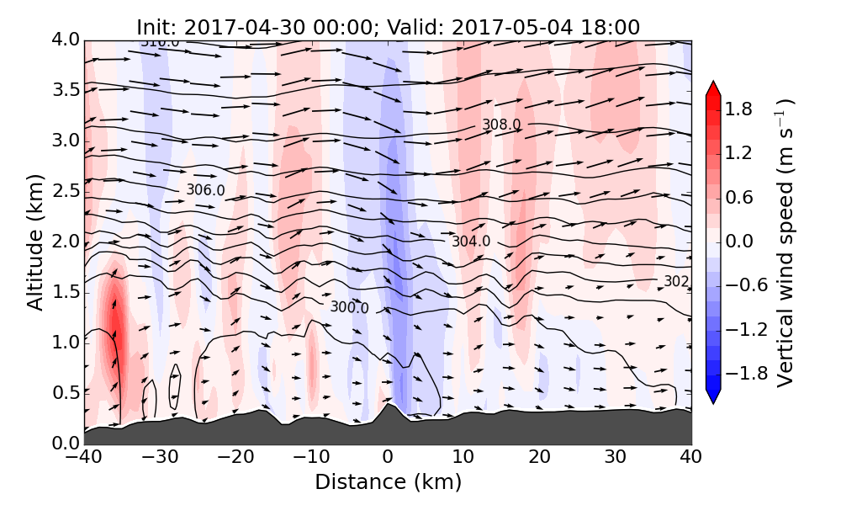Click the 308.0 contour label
pos(501,125)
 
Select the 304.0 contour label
pos(470,242)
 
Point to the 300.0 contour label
pos(349,308)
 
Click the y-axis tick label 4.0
pos(66,40)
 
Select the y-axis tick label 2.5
pos(66,191)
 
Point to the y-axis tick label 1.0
pos(66,343)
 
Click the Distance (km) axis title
pos(388,482)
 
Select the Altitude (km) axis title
pos(34,242)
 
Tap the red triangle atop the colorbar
pos(713,89)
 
